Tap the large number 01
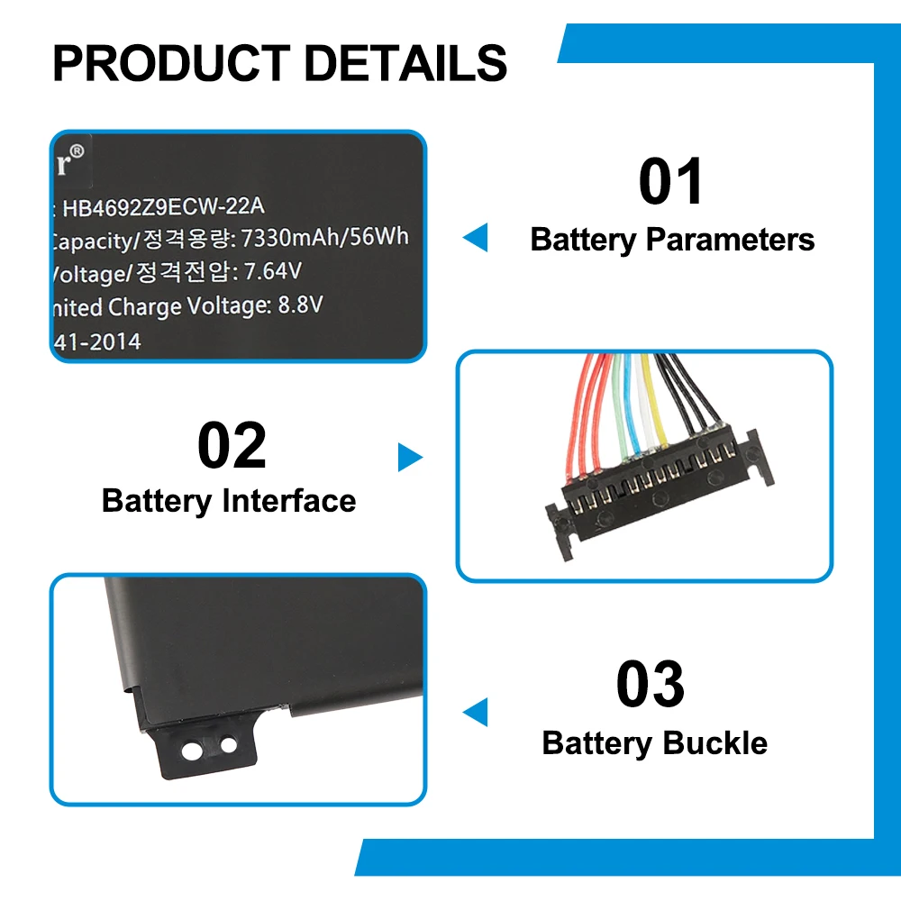pyautogui.click(x=671, y=182)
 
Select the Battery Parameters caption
pyautogui.click(x=672, y=240)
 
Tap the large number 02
pyautogui.click(x=232, y=446)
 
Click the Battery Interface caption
pyautogui.click(x=229, y=501)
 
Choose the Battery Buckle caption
pyautogui.click(x=654, y=743)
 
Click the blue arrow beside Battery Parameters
pyautogui.click(x=476, y=238)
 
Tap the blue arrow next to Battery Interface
pyautogui.click(x=409, y=457)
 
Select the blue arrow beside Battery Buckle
pyautogui.click(x=476, y=712)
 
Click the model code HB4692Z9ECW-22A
pyautogui.click(x=163, y=207)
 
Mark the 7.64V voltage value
pyautogui.click(x=274, y=271)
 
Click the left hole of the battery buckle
pyautogui.click(x=192, y=748)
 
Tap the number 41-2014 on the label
pyautogui.click(x=97, y=342)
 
